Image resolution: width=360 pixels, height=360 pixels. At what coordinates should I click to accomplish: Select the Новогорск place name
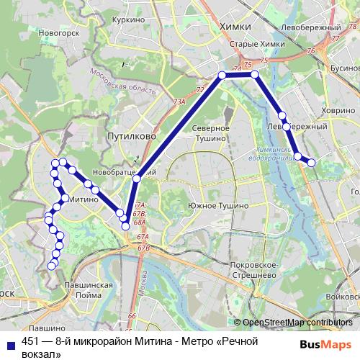pyautogui.click(x=59, y=33)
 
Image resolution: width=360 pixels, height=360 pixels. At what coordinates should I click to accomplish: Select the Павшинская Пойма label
pyautogui.click(x=87, y=289)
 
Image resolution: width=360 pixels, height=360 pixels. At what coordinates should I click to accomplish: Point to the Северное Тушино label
pyautogui.click(x=209, y=132)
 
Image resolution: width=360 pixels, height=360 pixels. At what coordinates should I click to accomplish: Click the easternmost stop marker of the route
pyautogui.click(x=312, y=163)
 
